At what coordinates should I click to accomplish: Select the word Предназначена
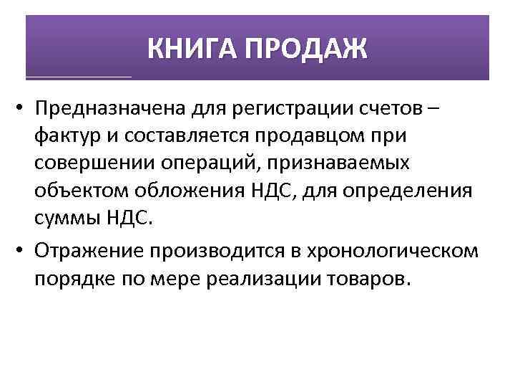(x=107, y=108)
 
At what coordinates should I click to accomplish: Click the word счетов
(x=382, y=108)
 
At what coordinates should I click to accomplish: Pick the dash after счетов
(x=433, y=108)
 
